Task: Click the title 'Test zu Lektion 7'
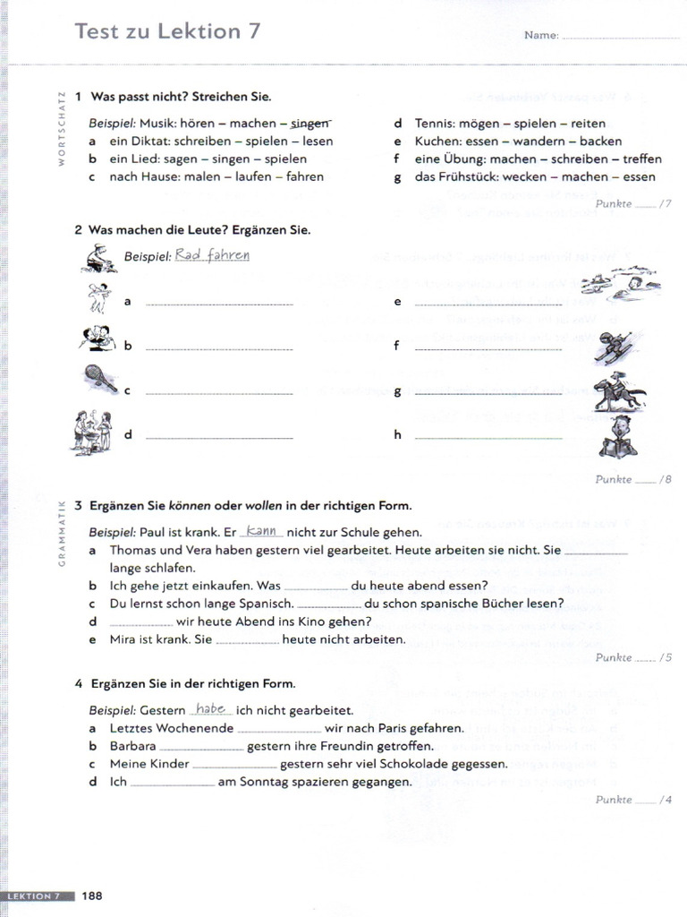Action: coord(168,31)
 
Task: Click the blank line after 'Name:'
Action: coord(621,37)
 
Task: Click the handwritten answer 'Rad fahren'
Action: coord(212,255)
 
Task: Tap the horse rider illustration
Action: coord(617,393)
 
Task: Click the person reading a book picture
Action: coord(617,437)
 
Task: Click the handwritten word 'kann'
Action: coord(262,530)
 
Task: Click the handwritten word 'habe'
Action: coord(210,708)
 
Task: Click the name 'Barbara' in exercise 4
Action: coord(132,746)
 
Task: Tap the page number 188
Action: coord(93,896)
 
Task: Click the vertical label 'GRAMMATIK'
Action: coord(64,534)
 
